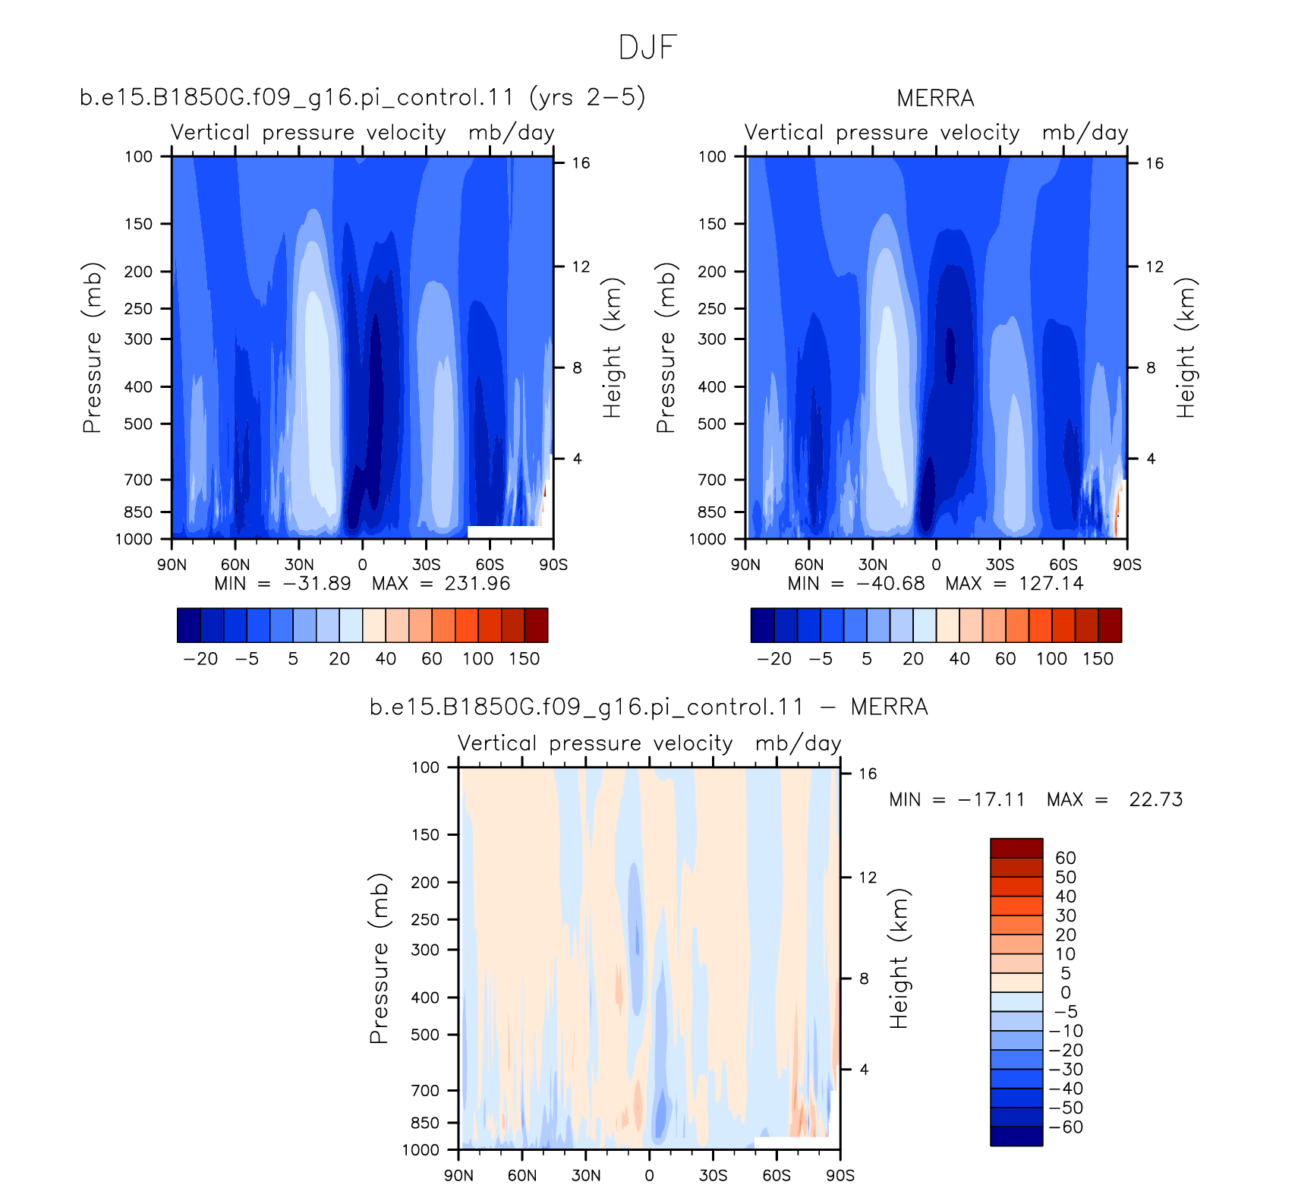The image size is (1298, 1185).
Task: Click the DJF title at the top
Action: pos(647,48)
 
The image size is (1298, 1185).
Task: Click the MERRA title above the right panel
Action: pos(935,99)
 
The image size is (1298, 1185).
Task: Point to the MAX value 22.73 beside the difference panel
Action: pos(1156,799)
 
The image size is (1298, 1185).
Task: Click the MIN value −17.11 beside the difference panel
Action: pos(991,799)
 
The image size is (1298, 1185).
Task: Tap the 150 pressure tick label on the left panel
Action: pos(138,224)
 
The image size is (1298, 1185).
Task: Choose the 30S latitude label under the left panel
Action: pos(426,565)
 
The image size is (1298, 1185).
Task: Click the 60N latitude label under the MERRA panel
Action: pos(809,565)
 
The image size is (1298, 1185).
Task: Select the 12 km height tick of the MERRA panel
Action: pos(1155,266)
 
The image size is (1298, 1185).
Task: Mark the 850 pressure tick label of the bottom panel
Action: pos(425,1123)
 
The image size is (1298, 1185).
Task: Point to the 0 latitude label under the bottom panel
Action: pos(649,1175)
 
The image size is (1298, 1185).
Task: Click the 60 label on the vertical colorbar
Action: pos(1066,858)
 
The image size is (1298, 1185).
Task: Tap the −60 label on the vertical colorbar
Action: pos(1066,1127)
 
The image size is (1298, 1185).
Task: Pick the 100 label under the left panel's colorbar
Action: pos(478,659)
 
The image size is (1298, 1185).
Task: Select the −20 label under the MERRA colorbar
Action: pos(774,659)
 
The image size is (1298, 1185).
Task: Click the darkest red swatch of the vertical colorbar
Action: pos(1016,848)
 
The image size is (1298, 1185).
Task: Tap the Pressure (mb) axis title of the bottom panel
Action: pos(380,958)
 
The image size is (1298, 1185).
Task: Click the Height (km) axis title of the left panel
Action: pos(612,348)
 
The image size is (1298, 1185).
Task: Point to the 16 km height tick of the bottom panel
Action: pos(868,774)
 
